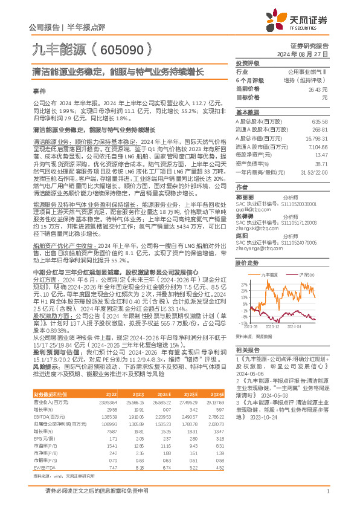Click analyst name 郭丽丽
point(244,197)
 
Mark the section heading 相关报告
point(248,350)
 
